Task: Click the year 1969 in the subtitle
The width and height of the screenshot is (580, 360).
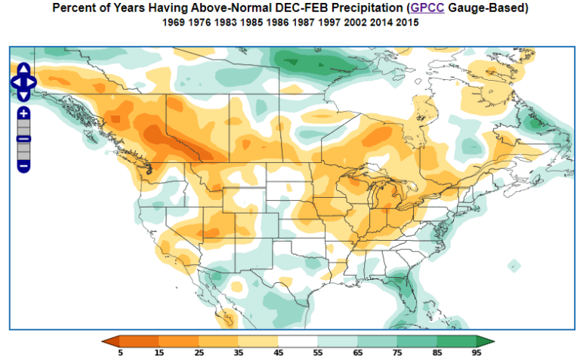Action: [174, 23]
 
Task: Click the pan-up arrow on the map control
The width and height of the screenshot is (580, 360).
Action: [23, 69]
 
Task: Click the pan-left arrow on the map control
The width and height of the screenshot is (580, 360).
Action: [15, 82]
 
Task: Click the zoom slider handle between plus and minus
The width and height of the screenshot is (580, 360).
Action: [23, 139]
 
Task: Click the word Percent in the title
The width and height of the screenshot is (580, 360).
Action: [75, 8]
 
